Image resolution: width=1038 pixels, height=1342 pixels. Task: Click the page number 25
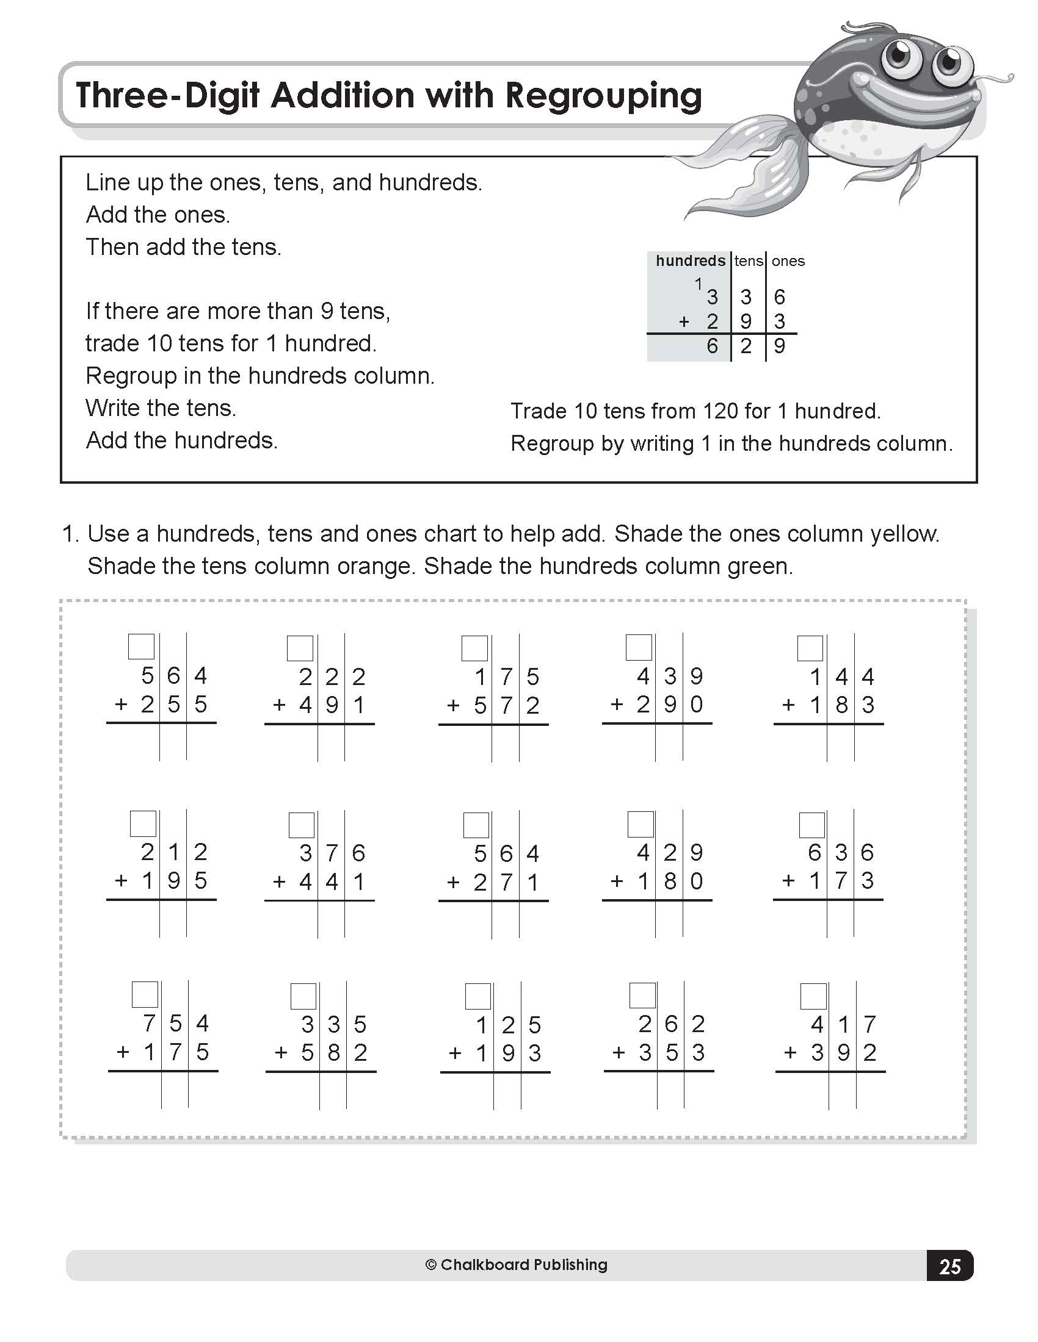[949, 1267]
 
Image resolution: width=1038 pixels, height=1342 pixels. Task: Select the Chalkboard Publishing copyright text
[516, 1265]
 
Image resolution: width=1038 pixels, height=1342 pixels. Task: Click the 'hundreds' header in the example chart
[690, 261]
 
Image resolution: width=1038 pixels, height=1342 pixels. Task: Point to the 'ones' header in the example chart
[788, 261]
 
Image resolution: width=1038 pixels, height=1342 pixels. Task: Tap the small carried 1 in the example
[698, 284]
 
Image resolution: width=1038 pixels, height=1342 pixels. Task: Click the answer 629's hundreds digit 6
[712, 346]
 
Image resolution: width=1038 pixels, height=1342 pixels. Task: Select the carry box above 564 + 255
[141, 647]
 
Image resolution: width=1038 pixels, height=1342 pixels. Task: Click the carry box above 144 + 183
[810, 648]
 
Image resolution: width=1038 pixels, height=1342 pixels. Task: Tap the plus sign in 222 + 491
[279, 705]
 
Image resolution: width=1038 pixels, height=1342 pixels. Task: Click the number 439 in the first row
[670, 676]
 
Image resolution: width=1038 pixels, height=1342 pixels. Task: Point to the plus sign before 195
[121, 880]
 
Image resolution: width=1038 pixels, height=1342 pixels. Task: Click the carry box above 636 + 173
[811, 825]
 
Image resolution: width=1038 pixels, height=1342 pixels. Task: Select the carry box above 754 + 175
[145, 995]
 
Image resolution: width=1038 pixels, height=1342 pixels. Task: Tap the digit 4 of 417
[816, 1024]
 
